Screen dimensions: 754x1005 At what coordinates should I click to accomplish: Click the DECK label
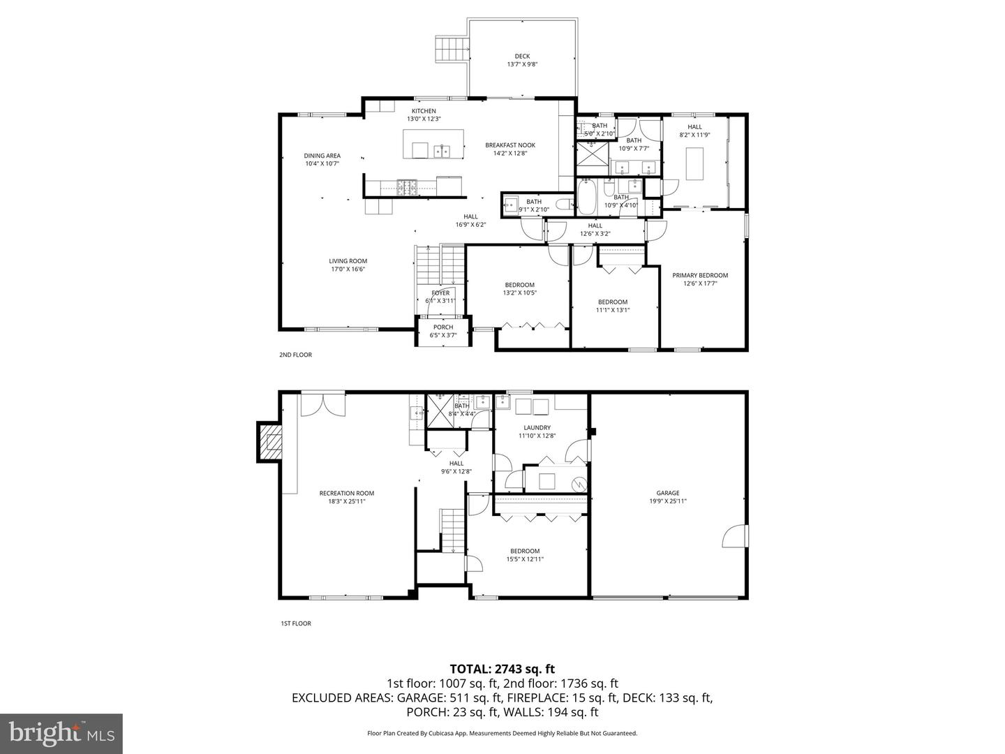click(x=522, y=57)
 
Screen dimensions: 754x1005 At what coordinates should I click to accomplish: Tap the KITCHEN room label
click(x=424, y=111)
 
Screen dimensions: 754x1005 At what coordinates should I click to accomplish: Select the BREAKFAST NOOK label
click(x=510, y=145)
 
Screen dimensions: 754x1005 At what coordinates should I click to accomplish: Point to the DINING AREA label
click(x=322, y=156)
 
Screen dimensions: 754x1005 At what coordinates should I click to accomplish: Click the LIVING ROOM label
click(x=348, y=261)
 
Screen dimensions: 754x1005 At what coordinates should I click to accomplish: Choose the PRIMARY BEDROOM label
click(x=700, y=275)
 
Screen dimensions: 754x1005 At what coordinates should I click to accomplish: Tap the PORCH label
click(x=443, y=327)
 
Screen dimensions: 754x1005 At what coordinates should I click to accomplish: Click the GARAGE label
click(x=668, y=493)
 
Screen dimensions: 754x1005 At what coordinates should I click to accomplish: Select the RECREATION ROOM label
click(x=347, y=493)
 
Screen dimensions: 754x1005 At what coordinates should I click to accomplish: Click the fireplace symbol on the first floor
click(x=269, y=442)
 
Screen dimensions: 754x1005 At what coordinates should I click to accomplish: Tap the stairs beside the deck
click(x=450, y=49)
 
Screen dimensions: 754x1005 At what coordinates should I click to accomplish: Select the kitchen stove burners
click(x=406, y=186)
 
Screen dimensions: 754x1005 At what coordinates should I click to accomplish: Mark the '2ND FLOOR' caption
click(x=295, y=355)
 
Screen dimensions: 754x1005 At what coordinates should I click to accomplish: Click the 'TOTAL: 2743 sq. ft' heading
click(x=502, y=670)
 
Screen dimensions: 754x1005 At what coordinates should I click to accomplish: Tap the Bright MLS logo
click(x=61, y=732)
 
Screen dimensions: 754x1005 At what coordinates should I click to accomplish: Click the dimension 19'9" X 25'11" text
click(x=668, y=501)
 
